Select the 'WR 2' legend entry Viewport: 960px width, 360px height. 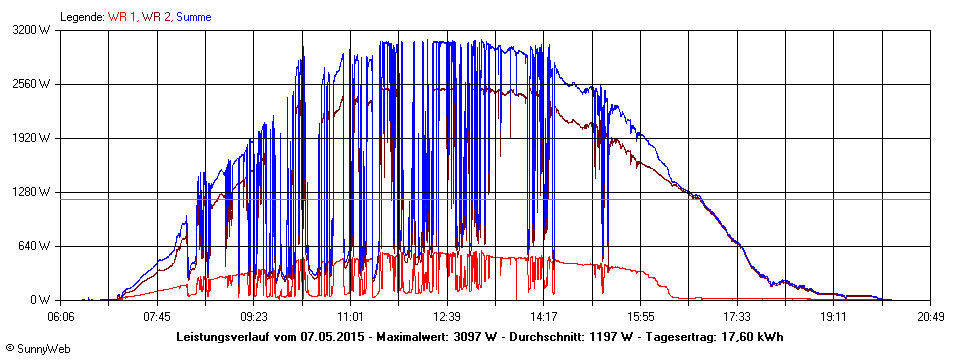[x=158, y=17]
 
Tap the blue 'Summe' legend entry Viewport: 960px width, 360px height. [x=194, y=17]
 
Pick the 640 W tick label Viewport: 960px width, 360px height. [x=36, y=246]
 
